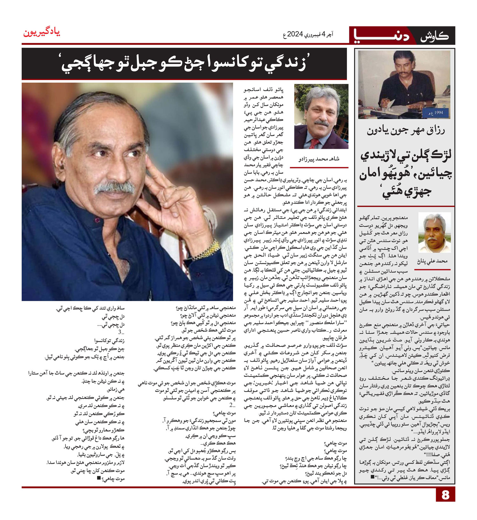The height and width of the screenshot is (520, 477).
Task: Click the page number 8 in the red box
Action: [x=445, y=495]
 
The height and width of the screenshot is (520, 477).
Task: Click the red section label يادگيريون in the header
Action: [x=42, y=33]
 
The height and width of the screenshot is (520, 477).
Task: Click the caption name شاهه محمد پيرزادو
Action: [x=319, y=159]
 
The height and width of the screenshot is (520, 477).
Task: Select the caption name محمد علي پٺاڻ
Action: [x=432, y=261]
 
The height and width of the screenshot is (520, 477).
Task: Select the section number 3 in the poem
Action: [x=121, y=332]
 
